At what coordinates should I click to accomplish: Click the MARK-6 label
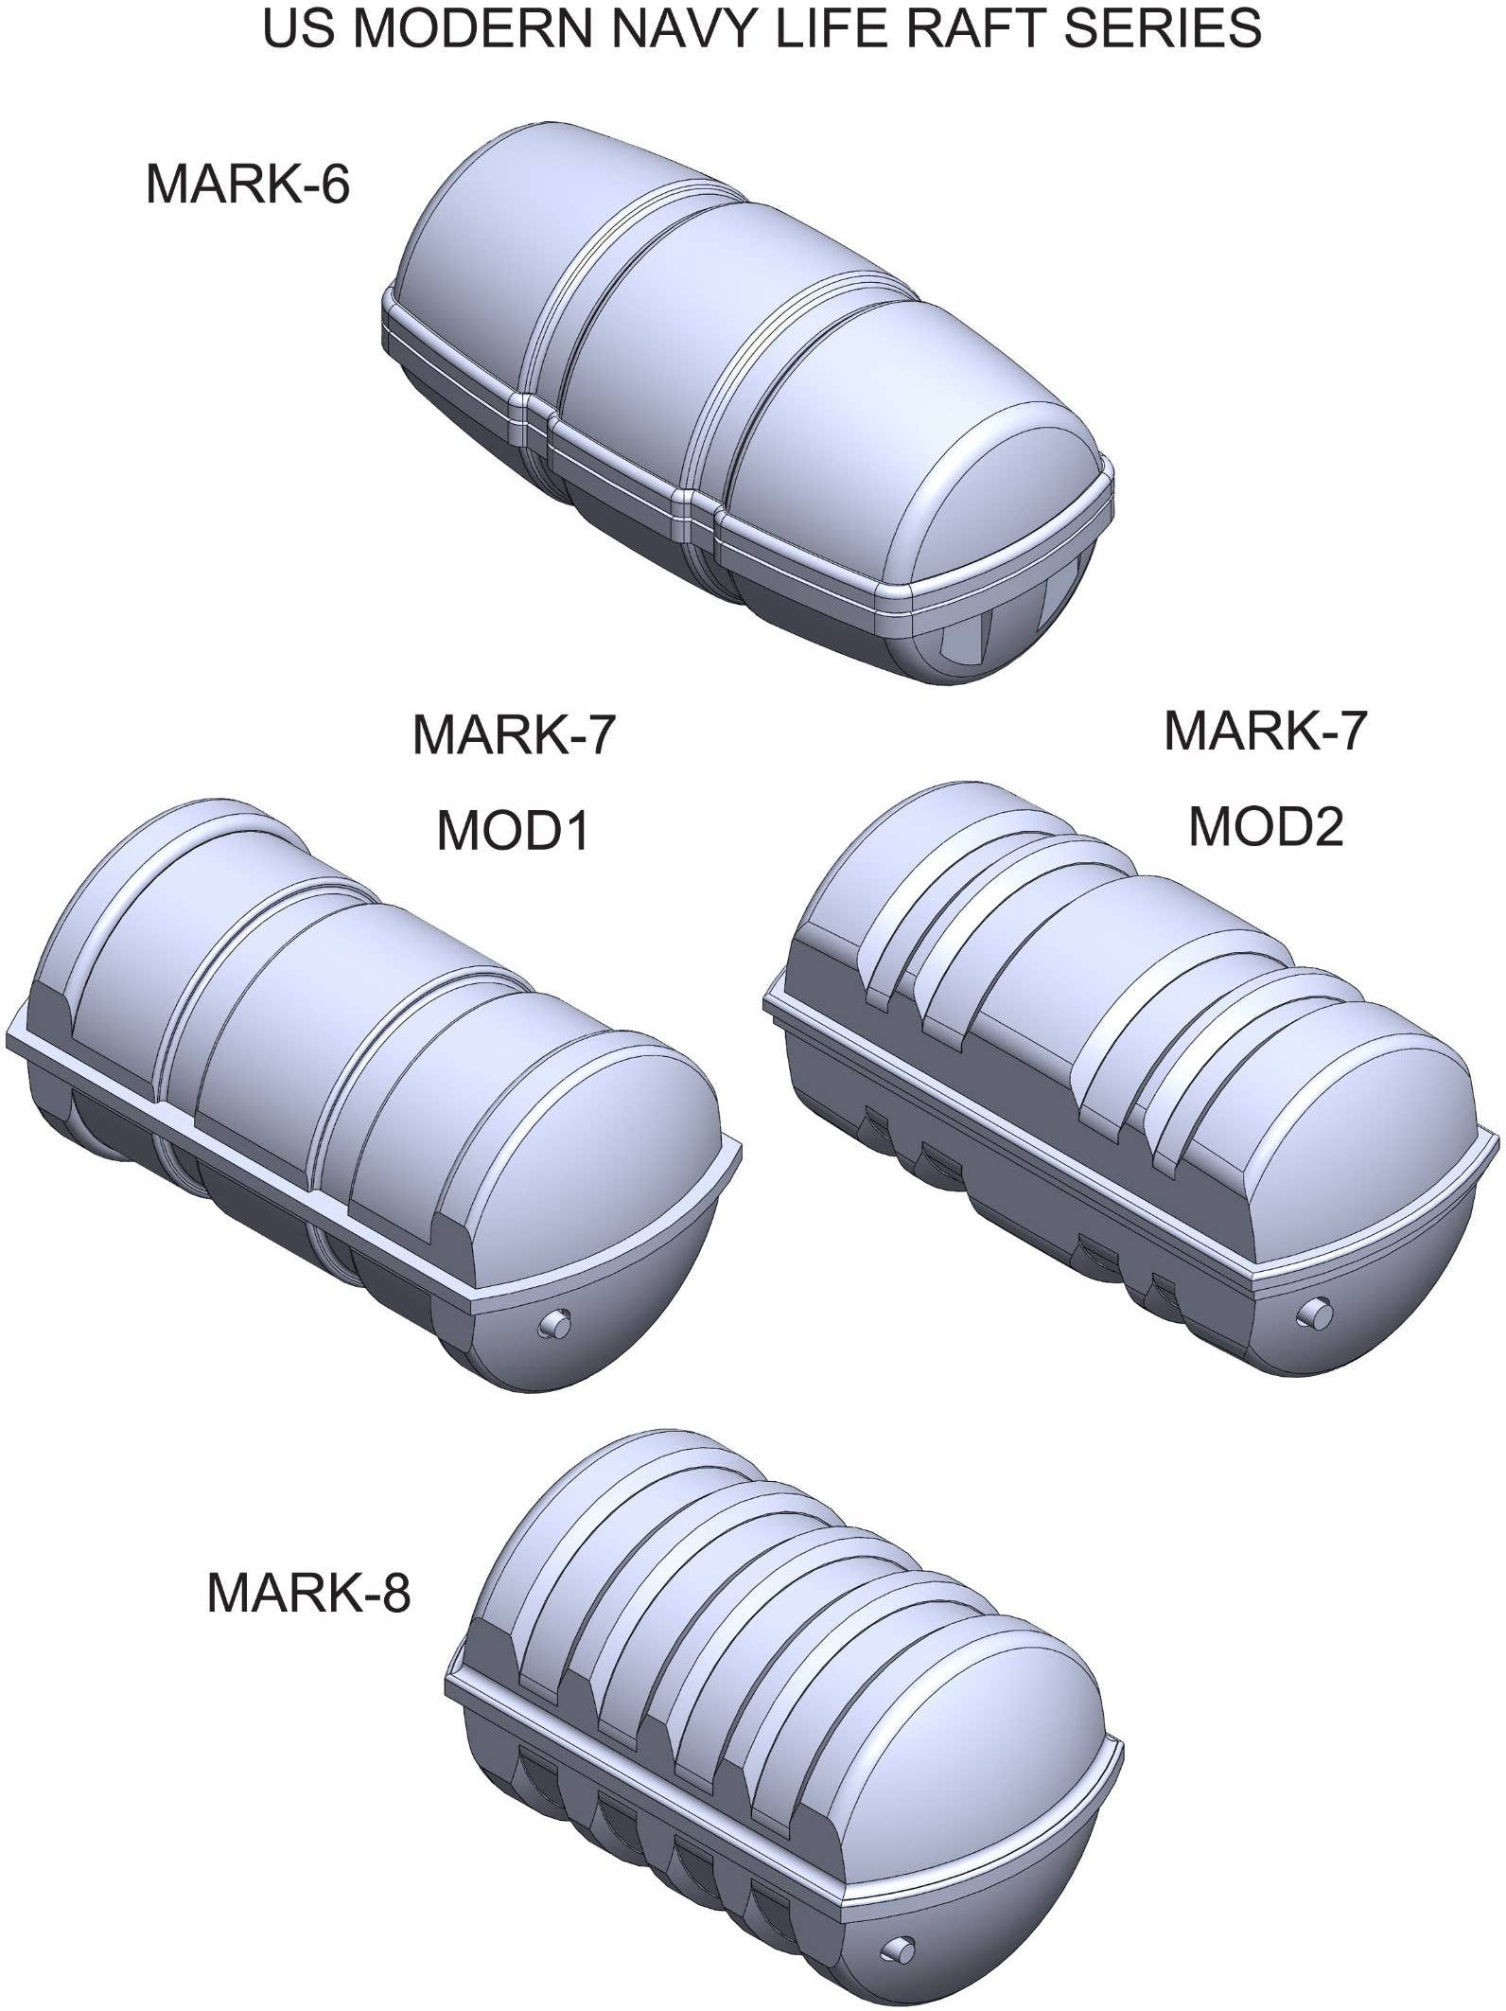(x=248, y=184)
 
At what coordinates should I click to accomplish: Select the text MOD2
(x=1266, y=826)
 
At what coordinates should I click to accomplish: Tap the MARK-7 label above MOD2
(x=1266, y=730)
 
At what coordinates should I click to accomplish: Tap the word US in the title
(x=289, y=28)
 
